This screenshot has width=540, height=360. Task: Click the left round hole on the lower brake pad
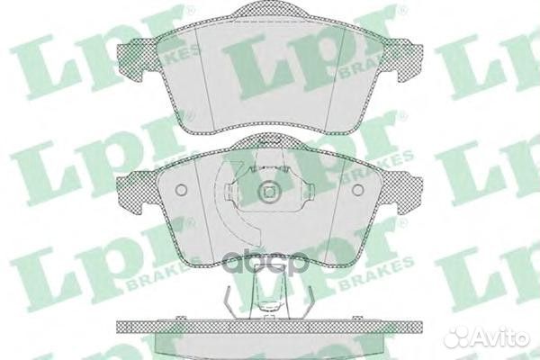[180, 192]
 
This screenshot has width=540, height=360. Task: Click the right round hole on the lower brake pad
[358, 191]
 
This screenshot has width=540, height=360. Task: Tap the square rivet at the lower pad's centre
[266, 193]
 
